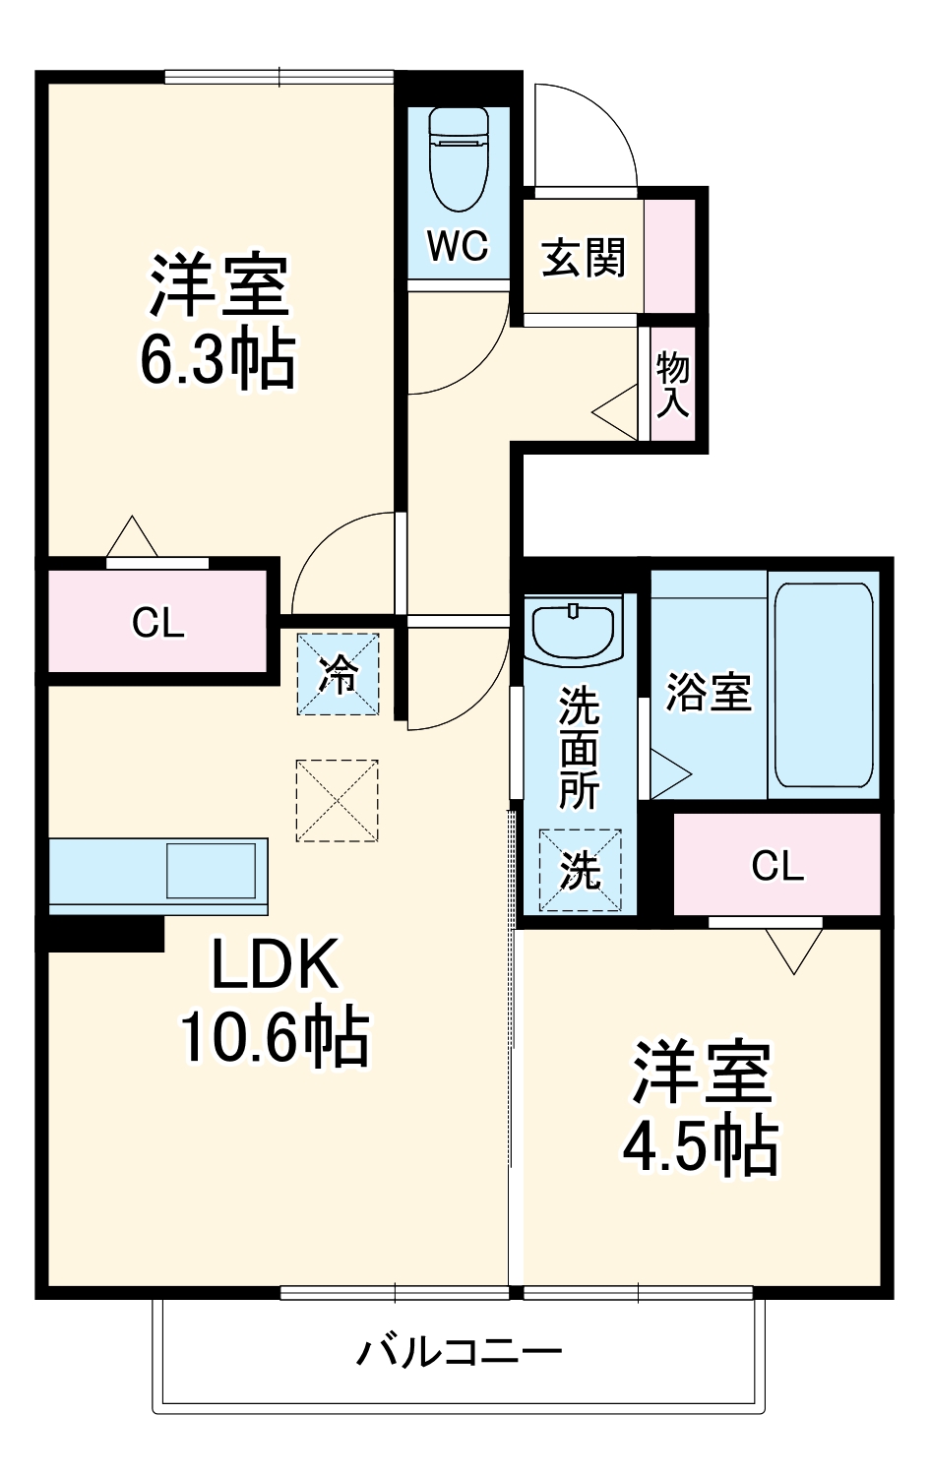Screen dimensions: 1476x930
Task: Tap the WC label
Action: pyautogui.click(x=458, y=246)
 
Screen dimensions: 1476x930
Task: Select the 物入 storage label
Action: pyautogui.click(x=673, y=384)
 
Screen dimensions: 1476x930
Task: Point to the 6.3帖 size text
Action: pyautogui.click(x=217, y=360)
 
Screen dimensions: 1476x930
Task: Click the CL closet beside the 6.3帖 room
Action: pyautogui.click(x=158, y=623)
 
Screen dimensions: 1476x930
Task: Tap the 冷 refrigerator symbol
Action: pyautogui.click(x=339, y=675)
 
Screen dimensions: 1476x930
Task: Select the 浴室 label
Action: pyautogui.click(x=709, y=692)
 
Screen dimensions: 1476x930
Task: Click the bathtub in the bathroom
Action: pyautogui.click(x=823, y=685)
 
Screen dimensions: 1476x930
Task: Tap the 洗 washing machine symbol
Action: pyautogui.click(x=580, y=871)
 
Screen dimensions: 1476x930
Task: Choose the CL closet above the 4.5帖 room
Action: pyautogui.click(x=777, y=866)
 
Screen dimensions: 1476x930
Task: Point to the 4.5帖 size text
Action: pyautogui.click(x=701, y=1147)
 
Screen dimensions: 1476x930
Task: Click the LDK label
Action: pyautogui.click(x=276, y=964)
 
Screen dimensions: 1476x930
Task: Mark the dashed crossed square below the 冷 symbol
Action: pyautogui.click(x=338, y=800)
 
